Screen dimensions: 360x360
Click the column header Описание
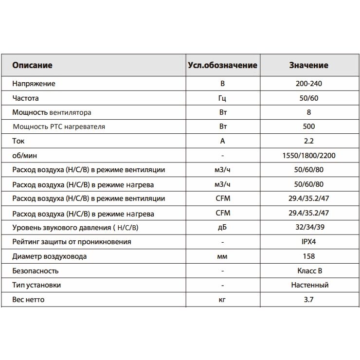point(32,65)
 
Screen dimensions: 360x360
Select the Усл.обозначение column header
point(222,65)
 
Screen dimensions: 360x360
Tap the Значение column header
point(308,65)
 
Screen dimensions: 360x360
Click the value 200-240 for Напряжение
point(308,84)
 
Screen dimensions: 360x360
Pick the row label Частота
point(26,98)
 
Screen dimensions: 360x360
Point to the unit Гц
point(222,98)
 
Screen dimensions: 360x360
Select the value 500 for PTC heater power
point(308,126)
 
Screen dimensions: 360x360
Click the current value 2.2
point(308,141)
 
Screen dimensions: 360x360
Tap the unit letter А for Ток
point(222,141)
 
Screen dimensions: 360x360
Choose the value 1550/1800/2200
point(308,156)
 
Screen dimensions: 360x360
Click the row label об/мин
point(24,156)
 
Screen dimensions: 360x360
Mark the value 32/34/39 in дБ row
point(308,228)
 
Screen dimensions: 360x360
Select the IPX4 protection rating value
point(308,242)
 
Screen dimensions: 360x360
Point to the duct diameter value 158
point(308,256)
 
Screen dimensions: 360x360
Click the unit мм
point(222,256)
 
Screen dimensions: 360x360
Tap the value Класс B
point(308,271)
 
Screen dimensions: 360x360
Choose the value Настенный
point(308,285)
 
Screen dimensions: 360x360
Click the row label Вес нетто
point(28,300)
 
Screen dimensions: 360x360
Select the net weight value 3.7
point(308,300)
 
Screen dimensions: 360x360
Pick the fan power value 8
point(308,112)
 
